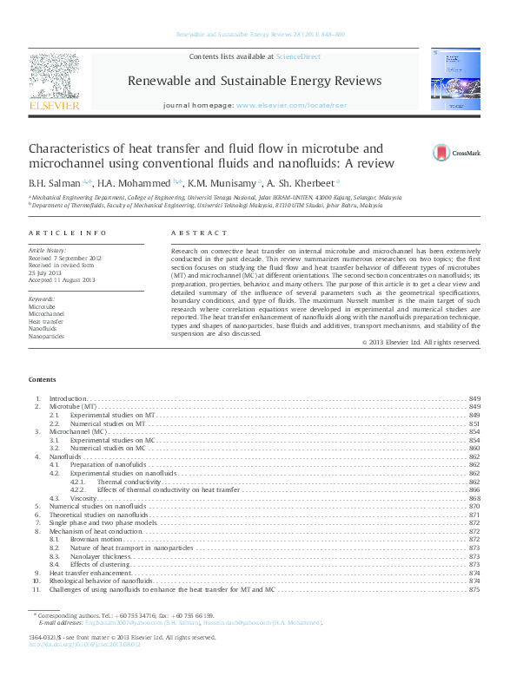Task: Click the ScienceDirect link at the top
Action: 298,56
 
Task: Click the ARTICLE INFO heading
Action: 68,233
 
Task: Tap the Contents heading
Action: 43,380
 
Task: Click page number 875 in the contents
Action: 474,589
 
